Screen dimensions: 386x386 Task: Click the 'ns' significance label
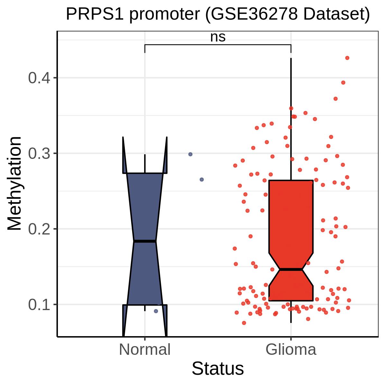coord(218,38)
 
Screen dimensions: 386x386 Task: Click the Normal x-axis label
coord(145,350)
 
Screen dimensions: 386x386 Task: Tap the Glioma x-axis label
coord(291,350)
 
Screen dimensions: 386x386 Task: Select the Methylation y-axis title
coord(14,184)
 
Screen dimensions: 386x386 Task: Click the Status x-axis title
coord(218,369)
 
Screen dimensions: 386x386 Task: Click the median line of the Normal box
coord(145,241)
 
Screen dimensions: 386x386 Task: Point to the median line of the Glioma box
coord(291,269)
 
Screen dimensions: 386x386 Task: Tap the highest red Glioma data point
coord(347,58)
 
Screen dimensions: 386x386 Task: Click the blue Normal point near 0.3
coord(190,154)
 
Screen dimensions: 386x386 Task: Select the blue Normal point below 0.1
coord(156,311)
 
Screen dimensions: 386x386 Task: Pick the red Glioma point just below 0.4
coord(343,83)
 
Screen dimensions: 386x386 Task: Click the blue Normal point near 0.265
coord(202,179)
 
